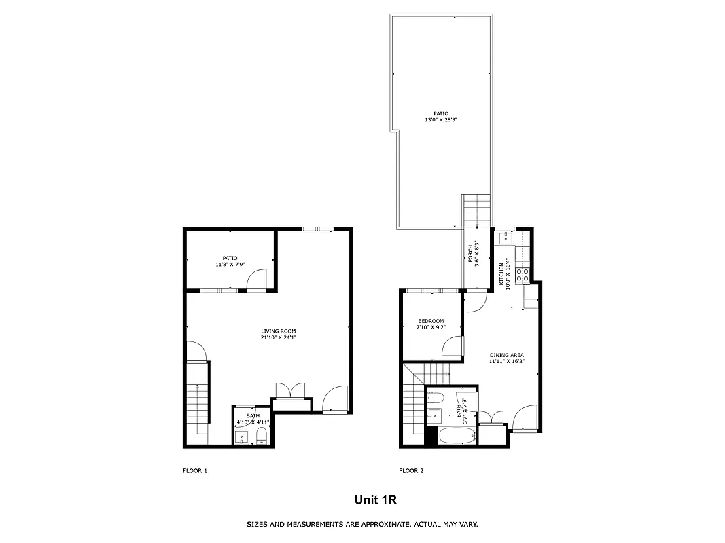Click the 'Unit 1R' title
tap(375, 500)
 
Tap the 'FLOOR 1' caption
tap(195, 470)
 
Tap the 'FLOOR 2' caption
tap(411, 470)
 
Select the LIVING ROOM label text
tap(279, 331)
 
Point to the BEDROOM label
tap(431, 321)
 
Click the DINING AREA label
tap(506, 355)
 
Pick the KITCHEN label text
tap(502, 274)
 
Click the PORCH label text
tap(470, 252)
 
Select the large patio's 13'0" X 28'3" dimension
tap(441, 120)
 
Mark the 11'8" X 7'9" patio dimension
tap(230, 264)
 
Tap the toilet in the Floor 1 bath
tap(262, 436)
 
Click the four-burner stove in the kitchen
tap(523, 275)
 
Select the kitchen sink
tap(506, 238)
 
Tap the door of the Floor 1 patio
tap(257, 280)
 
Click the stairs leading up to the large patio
tap(476, 210)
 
